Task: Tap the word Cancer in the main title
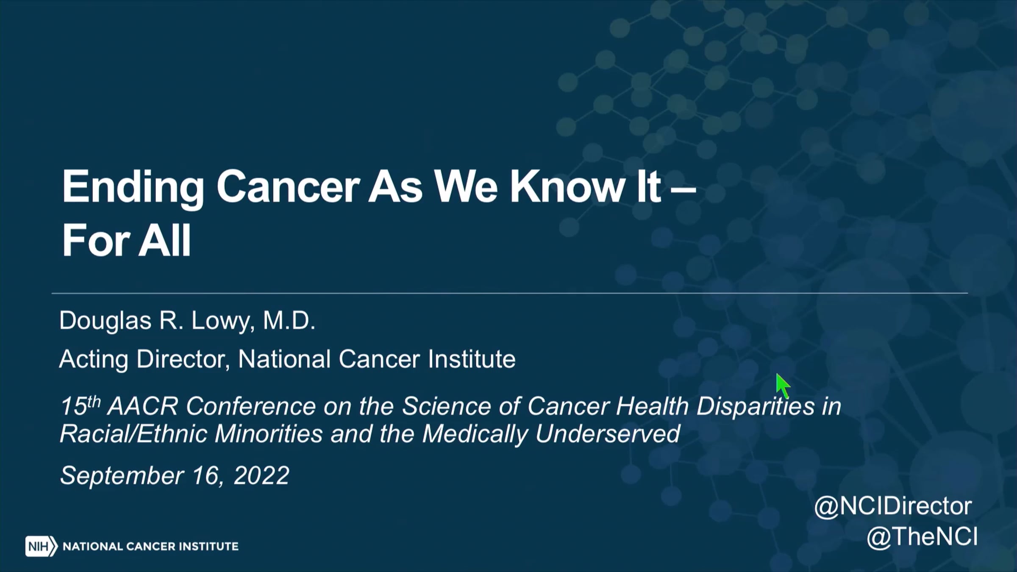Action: [x=288, y=187]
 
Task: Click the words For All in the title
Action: [x=127, y=240]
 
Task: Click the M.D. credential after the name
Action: [x=289, y=320]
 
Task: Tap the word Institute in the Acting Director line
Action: [x=472, y=359]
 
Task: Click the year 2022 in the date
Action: [x=261, y=475]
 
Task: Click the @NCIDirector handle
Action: [x=893, y=507]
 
